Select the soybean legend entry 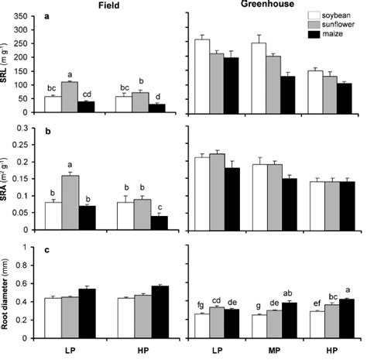(x=338, y=14)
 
